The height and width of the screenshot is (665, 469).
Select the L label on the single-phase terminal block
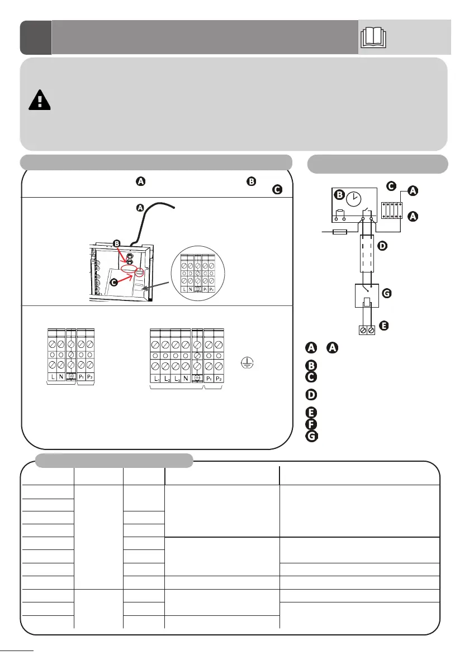pos(51,376)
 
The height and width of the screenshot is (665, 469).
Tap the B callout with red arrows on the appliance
pos(116,243)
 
